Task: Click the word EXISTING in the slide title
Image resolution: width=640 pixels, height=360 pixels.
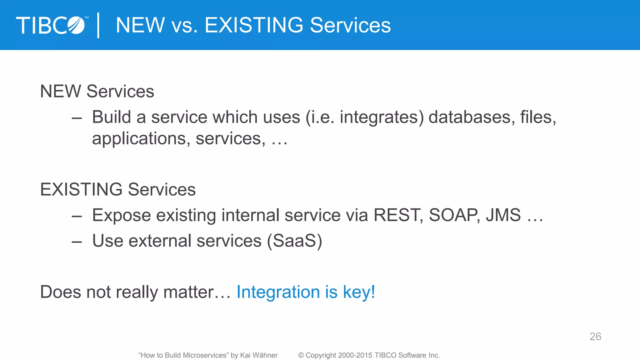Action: pyautogui.click(x=254, y=25)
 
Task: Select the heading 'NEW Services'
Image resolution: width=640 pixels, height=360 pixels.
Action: pyautogui.click(x=97, y=91)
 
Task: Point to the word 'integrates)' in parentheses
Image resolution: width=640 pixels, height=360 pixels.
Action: pyautogui.click(x=382, y=118)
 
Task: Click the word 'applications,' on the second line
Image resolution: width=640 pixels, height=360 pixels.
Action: pyautogui.click(x=141, y=139)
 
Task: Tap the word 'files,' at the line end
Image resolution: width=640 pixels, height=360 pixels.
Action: pyautogui.click(x=538, y=117)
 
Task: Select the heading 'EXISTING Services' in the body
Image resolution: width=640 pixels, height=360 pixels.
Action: pyautogui.click(x=118, y=189)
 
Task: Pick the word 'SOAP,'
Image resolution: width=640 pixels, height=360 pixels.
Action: pyautogui.click(x=455, y=215)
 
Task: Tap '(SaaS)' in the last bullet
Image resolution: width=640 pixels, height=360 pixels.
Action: pyautogui.click(x=294, y=241)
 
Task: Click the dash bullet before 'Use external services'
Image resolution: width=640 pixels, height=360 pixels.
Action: pyautogui.click(x=77, y=242)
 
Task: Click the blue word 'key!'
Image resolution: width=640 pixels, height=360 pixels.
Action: pyautogui.click(x=359, y=292)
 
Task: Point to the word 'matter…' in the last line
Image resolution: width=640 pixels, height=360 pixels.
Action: pyautogui.click(x=197, y=292)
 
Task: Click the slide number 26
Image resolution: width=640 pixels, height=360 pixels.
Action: pyautogui.click(x=595, y=337)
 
